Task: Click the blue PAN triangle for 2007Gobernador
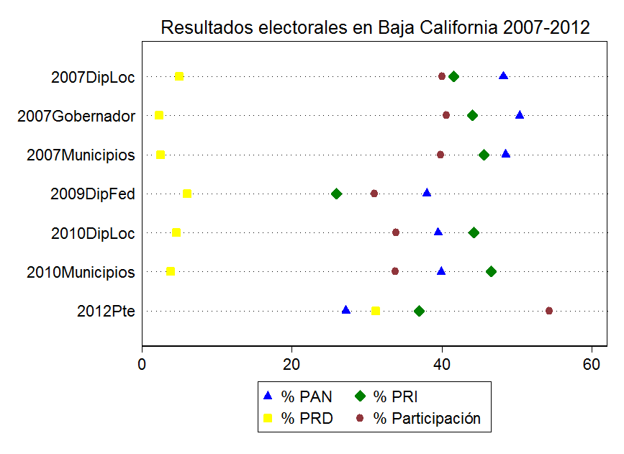tap(520, 115)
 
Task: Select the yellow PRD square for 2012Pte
tap(376, 311)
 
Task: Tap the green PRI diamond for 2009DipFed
tap(336, 194)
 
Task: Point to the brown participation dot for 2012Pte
tap(549, 311)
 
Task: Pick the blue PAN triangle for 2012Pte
tap(346, 310)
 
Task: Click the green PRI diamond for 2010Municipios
tap(491, 271)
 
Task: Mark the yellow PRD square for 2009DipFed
tap(187, 194)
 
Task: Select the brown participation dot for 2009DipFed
tap(374, 194)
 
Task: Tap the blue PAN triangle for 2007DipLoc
tap(504, 76)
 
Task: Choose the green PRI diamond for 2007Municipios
tap(484, 155)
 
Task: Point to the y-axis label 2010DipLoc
tap(93, 233)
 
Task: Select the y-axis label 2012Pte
tap(106, 312)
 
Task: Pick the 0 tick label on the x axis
tap(142, 363)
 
